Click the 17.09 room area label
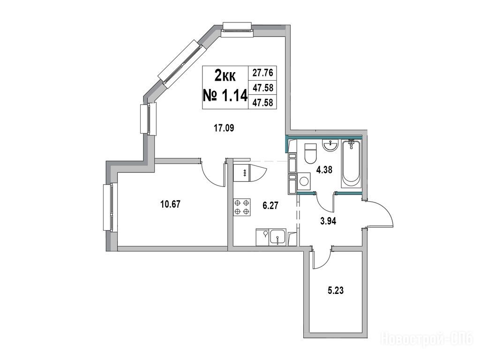coord(224,128)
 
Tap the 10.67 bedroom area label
coord(171,204)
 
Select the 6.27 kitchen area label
coord(270,205)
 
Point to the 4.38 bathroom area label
coord(324,170)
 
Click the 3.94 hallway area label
coord(328,221)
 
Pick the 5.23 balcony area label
coord(336,290)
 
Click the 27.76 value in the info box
coord(262,73)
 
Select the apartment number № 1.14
coord(225,96)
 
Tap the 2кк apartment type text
coord(225,75)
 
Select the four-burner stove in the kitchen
coord(242,207)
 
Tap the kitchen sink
coord(277,238)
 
